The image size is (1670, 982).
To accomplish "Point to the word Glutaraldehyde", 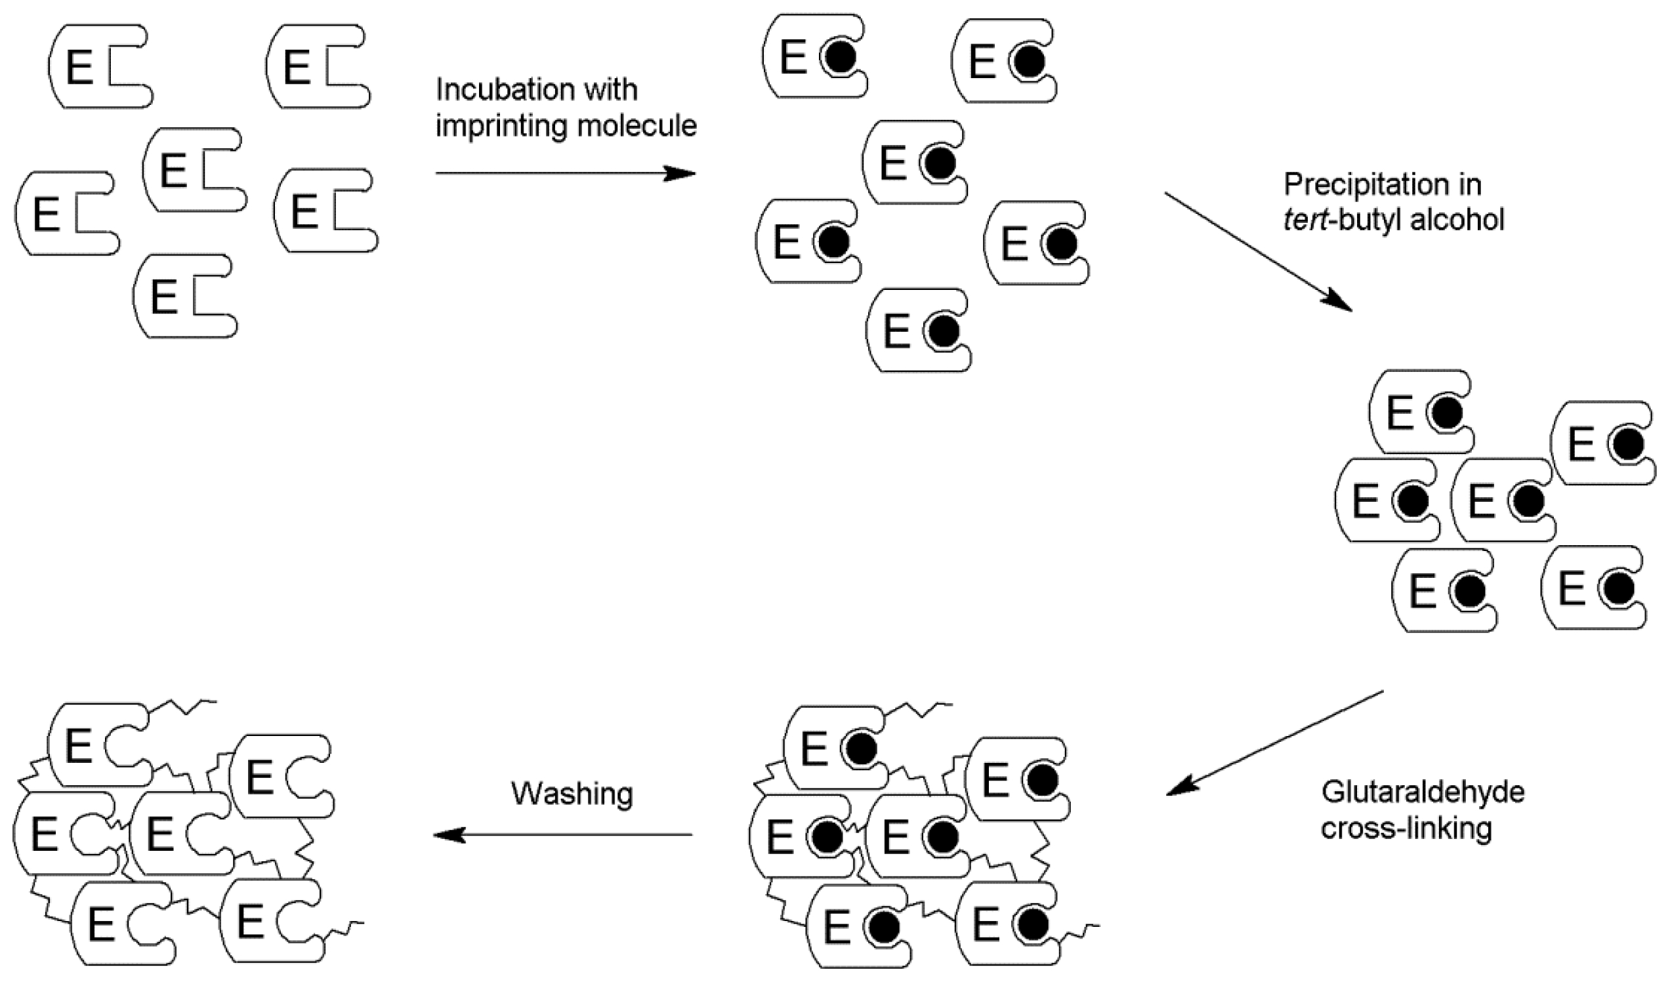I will tap(1422, 792).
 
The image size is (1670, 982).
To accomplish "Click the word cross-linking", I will tap(1406, 829).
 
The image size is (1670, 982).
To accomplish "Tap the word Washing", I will tap(572, 793).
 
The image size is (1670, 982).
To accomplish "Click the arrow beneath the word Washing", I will tap(562, 836).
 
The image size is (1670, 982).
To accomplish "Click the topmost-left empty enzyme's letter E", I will tap(79, 68).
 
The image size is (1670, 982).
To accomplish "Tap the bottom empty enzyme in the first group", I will tap(184, 297).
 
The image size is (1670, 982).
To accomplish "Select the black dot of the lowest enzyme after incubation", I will tap(943, 330).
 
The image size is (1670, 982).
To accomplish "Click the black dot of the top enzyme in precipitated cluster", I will tap(1446, 413).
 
